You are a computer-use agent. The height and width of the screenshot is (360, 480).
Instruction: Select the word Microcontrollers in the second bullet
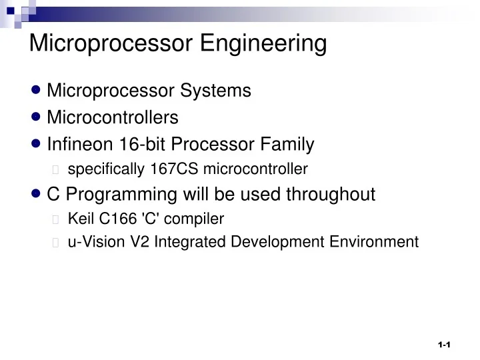[x=113, y=118]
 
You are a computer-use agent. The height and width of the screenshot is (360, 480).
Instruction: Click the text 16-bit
[x=135, y=144]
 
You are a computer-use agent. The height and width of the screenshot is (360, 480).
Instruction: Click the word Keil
[x=80, y=219]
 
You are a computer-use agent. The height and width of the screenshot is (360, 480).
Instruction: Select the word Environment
[x=374, y=242]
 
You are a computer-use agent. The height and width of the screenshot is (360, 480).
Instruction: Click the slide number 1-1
[x=445, y=345]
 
